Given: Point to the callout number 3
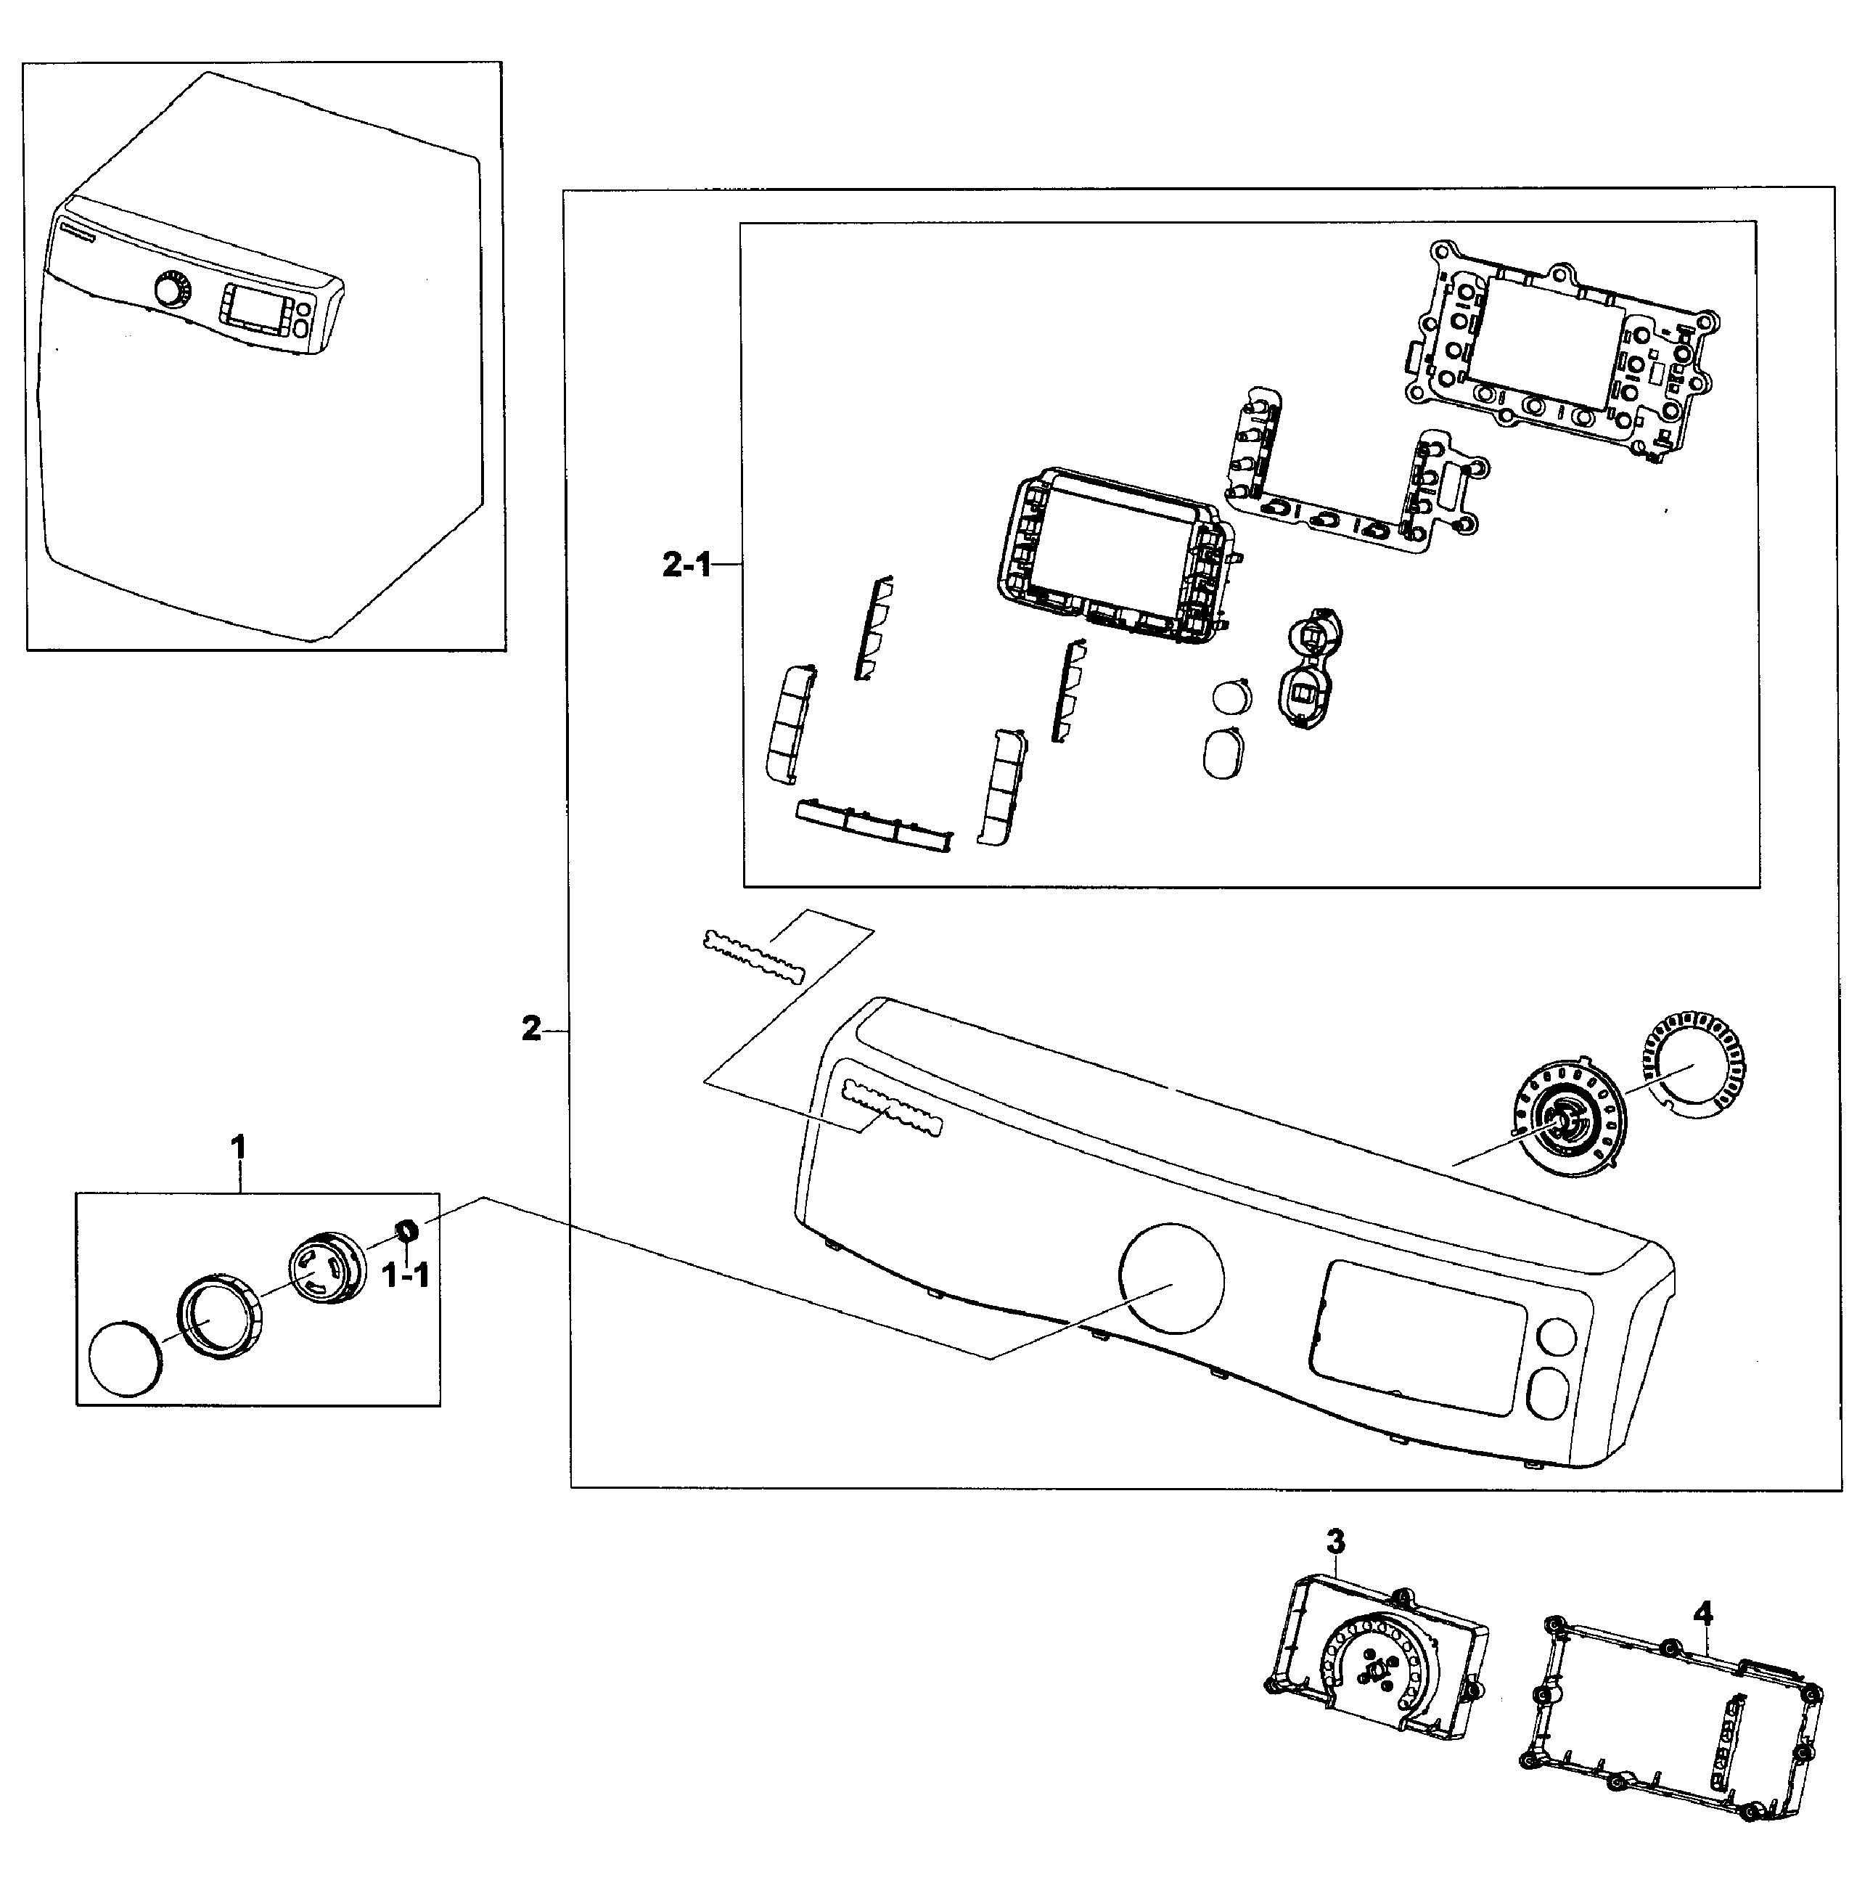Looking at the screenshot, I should coord(1335,1541).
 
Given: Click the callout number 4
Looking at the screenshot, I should coord(1703,1614).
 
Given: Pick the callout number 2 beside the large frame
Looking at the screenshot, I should coord(531,1029).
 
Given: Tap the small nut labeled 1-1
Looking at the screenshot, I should coord(408,1230).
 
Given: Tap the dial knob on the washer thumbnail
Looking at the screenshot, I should coord(171,290).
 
